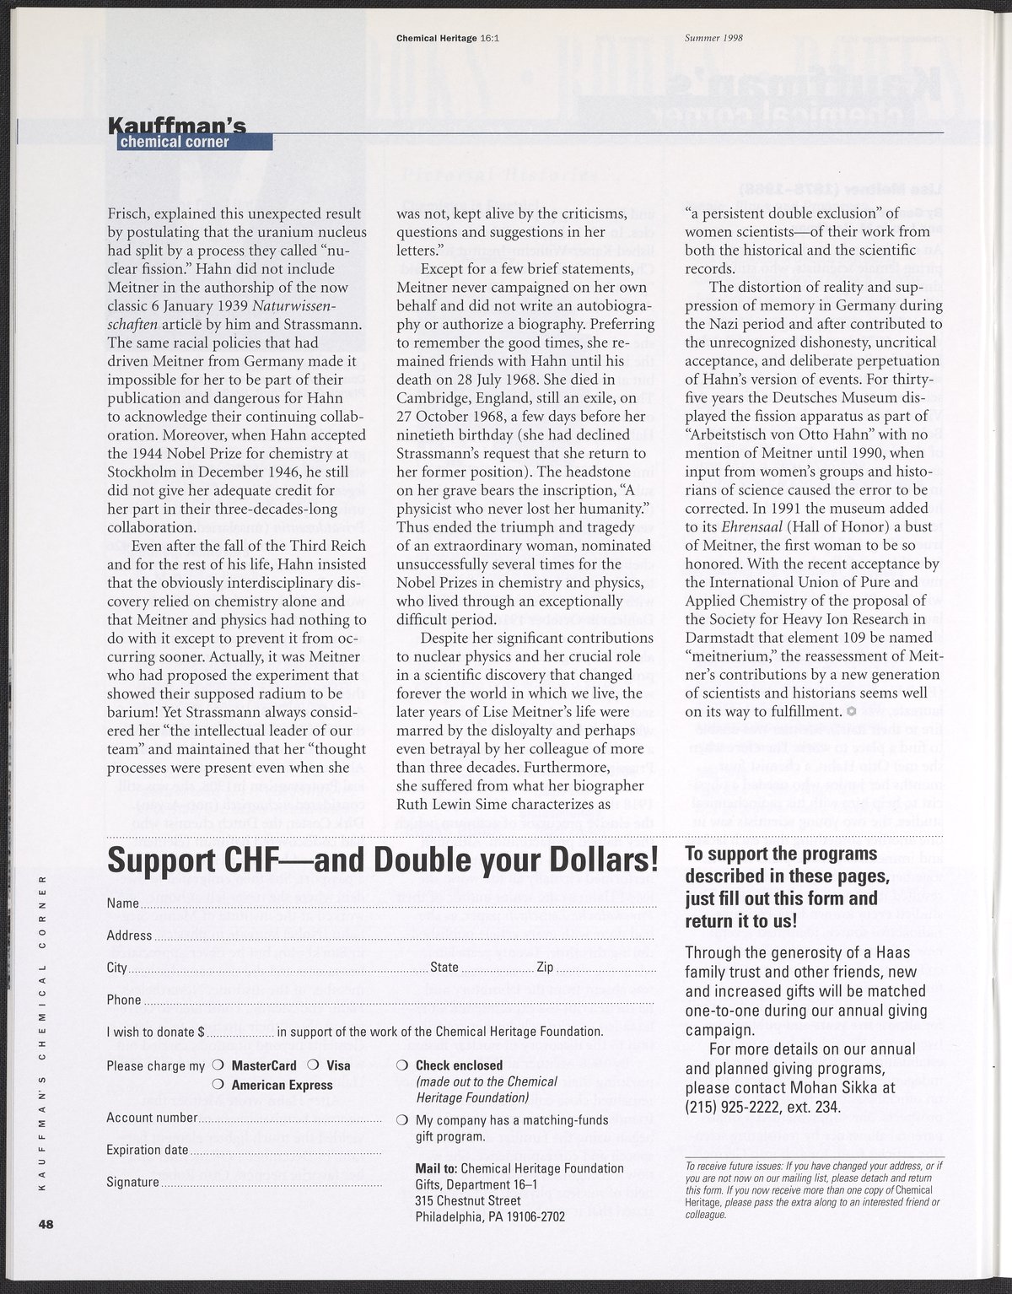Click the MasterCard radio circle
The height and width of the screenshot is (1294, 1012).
coord(218,1065)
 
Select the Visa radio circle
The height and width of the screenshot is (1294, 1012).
coord(312,1065)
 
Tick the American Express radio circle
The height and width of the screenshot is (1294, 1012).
coord(218,1085)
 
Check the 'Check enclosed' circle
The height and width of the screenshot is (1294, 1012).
coord(401,1065)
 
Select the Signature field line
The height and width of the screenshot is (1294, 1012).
coord(271,1183)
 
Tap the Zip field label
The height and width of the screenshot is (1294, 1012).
coord(545,968)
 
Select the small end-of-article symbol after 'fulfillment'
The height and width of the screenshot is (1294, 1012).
coord(851,712)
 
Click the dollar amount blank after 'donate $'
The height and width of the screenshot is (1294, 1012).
coord(240,1033)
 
